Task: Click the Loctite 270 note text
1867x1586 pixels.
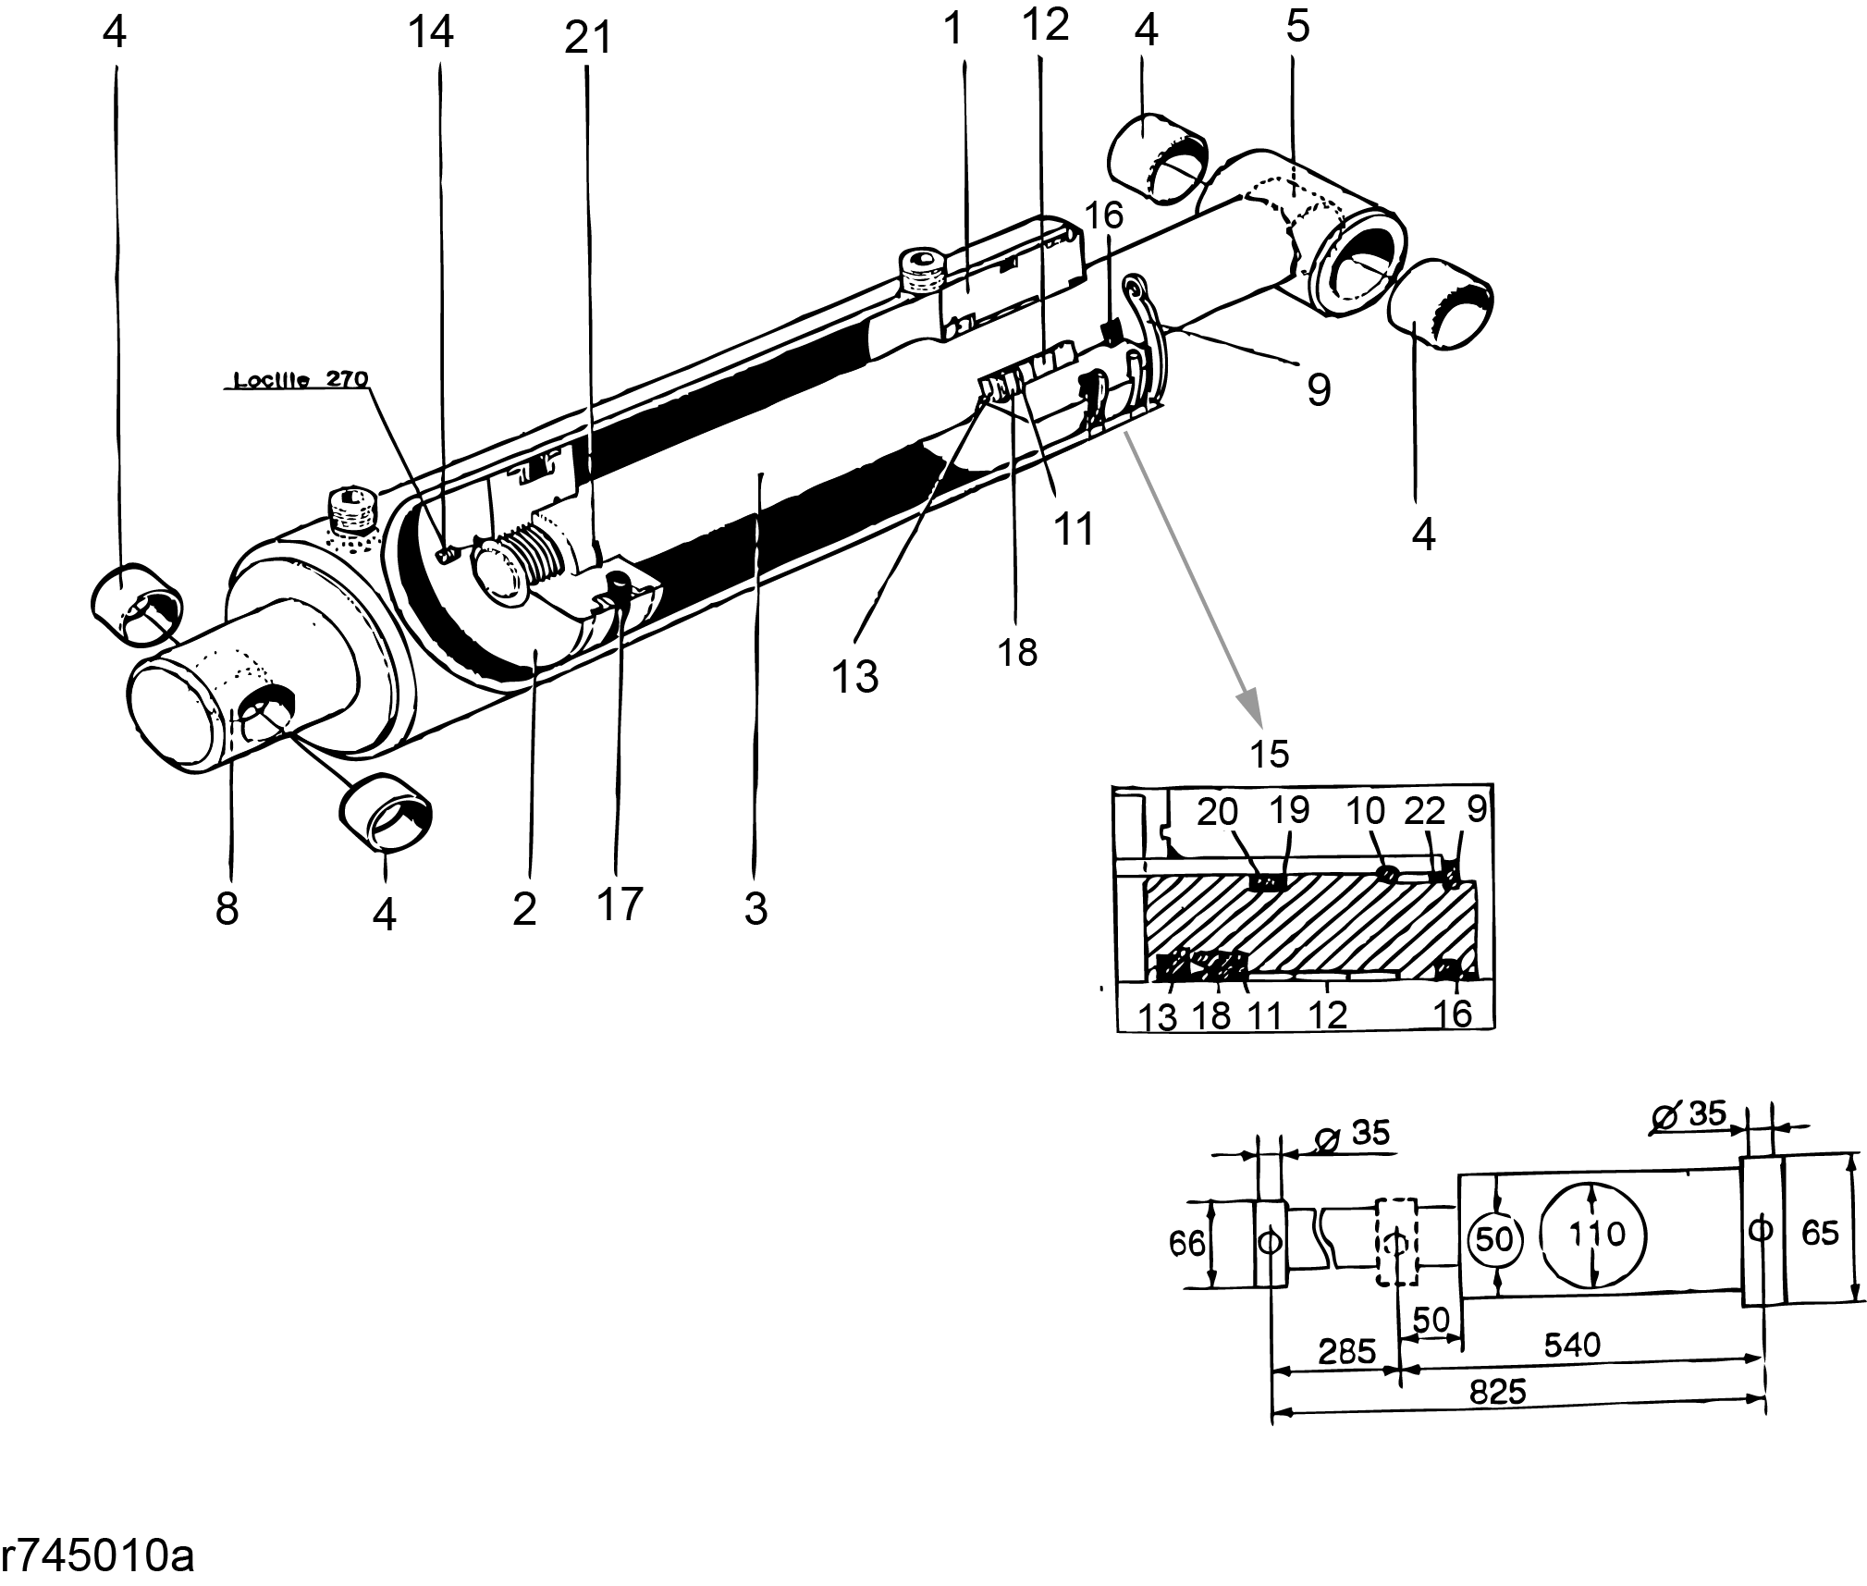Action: coord(301,380)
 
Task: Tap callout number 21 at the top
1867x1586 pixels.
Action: coord(588,40)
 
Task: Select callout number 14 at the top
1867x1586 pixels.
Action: coord(431,32)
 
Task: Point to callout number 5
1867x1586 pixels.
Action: coord(1297,28)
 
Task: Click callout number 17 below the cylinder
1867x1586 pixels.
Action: coord(619,903)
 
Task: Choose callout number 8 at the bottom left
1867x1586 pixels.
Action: coord(227,909)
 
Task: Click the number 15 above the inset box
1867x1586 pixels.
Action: coord(1269,755)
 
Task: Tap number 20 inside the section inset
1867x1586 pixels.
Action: coord(1217,812)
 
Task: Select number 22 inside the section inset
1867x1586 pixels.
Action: coord(1424,812)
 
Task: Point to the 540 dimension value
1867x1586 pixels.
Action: coord(1572,1344)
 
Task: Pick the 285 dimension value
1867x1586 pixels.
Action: coord(1346,1352)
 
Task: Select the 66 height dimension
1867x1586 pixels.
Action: coord(1187,1244)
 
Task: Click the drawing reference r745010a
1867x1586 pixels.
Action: coord(97,1557)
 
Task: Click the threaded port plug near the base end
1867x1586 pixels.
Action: coord(351,510)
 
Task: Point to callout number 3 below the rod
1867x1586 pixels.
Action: coord(755,909)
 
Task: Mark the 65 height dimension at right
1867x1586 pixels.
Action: coord(1821,1233)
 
